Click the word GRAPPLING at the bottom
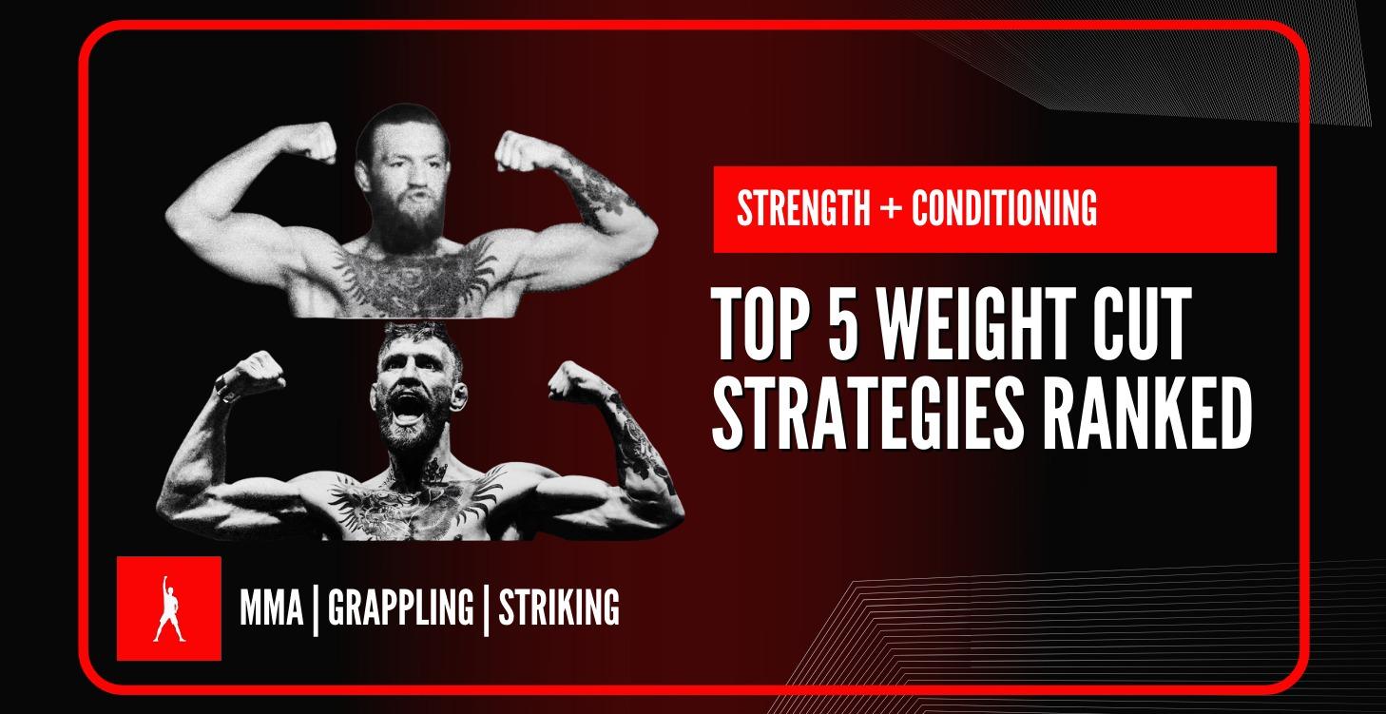pyautogui.click(x=400, y=608)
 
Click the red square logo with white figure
pyautogui.click(x=168, y=608)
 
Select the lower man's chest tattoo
pyautogui.click(x=418, y=494)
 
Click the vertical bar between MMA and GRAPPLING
pyautogui.click(x=316, y=608)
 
